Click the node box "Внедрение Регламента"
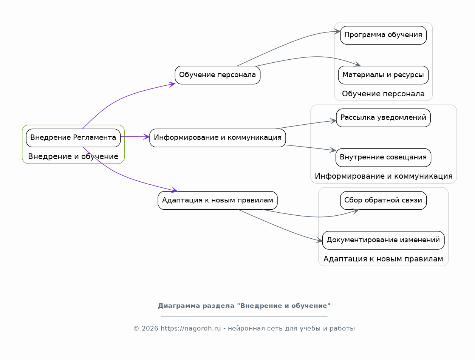point(73,138)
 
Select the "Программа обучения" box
point(383,35)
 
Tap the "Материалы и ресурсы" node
point(383,75)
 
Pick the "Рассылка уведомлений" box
point(383,118)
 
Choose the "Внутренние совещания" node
point(383,158)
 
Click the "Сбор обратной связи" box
point(383,201)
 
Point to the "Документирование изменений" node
point(383,240)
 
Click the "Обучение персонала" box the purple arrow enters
point(218,75)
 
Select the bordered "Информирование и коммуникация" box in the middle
point(218,138)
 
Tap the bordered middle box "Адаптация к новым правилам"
point(218,201)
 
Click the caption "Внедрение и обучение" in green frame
point(73,156)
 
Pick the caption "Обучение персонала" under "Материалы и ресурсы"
point(383,94)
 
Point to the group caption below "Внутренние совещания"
point(384,176)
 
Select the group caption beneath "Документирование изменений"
point(383,259)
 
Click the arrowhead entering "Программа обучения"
point(337,32)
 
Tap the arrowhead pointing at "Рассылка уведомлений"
point(333,121)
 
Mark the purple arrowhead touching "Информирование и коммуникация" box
point(147,137)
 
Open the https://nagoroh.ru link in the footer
point(191,329)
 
